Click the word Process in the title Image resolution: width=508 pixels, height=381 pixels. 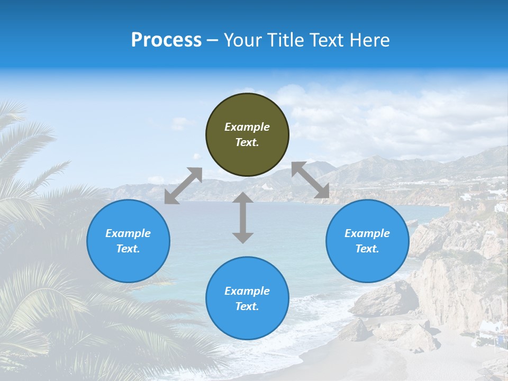[166, 40]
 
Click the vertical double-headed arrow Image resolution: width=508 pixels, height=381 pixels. [243, 217]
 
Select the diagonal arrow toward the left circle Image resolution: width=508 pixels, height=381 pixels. [183, 185]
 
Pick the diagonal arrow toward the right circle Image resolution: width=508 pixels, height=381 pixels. [311, 180]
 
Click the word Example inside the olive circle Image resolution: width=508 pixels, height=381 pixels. [247, 127]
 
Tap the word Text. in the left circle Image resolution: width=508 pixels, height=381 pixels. [128, 249]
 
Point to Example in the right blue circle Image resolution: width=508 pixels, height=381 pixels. [367, 233]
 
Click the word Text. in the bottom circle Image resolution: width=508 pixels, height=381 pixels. [247, 306]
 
